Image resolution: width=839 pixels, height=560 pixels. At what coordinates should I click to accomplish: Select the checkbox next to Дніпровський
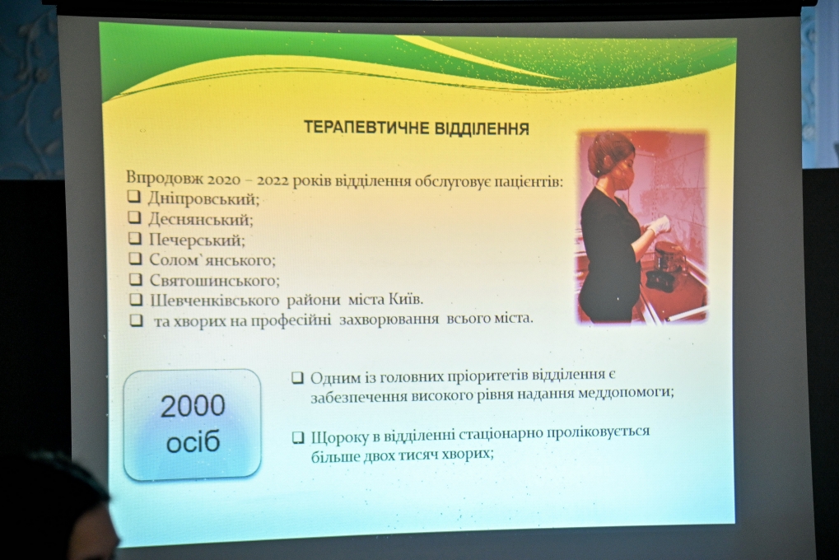pos(133,197)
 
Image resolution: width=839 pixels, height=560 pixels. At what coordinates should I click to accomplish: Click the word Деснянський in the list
pos(201,220)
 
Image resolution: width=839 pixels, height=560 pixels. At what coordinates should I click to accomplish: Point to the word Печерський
pos(197,240)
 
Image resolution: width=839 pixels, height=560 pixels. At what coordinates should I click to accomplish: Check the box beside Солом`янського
pos(135,259)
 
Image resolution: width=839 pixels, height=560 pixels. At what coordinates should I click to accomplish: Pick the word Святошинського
pos(214,280)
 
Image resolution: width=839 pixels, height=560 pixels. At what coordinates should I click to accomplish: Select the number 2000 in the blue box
pos(193,406)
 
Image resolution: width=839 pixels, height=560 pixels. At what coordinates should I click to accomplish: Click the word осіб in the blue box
pos(193,443)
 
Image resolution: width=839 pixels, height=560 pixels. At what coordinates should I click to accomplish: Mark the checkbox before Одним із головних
pos(297,378)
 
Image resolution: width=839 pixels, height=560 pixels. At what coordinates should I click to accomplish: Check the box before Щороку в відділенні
pos(298,438)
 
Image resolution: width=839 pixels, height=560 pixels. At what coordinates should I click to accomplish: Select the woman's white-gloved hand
pos(659,224)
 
